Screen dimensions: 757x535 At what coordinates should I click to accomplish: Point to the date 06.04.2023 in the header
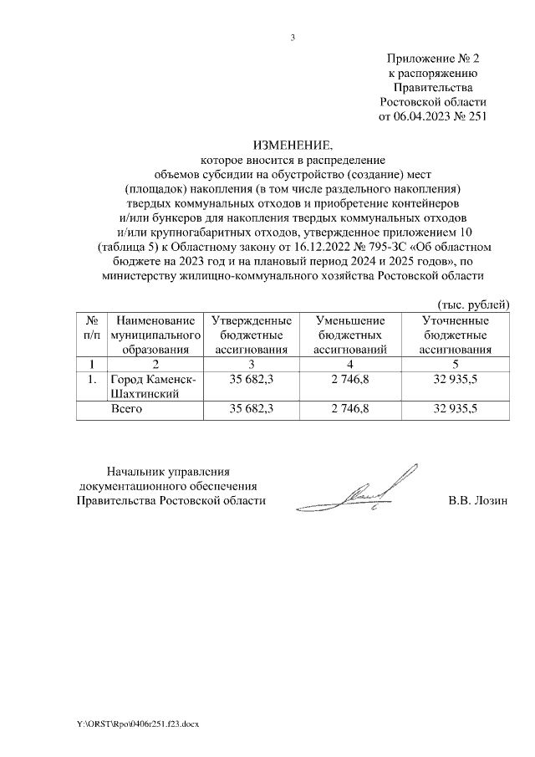tap(426, 116)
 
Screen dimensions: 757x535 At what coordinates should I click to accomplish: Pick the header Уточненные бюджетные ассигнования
tap(456, 335)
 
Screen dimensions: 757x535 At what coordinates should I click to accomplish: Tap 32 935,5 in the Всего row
tap(456, 409)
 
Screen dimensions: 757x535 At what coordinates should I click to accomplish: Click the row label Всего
tap(128, 409)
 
